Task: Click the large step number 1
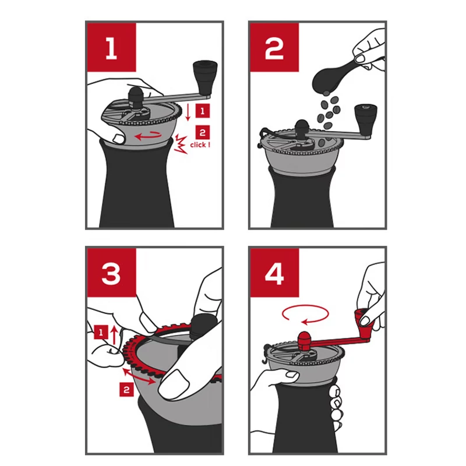111,48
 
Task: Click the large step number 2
274,48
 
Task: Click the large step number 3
111,273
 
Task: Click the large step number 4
274,273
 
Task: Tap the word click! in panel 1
200,144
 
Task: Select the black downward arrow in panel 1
188,112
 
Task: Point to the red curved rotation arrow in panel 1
149,136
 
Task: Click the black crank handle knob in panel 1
205,78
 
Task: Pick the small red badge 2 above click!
203,132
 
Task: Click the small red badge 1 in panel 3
101,332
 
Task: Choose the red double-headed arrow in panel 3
139,376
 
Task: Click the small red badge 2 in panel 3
126,390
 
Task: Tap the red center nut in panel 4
304,341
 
